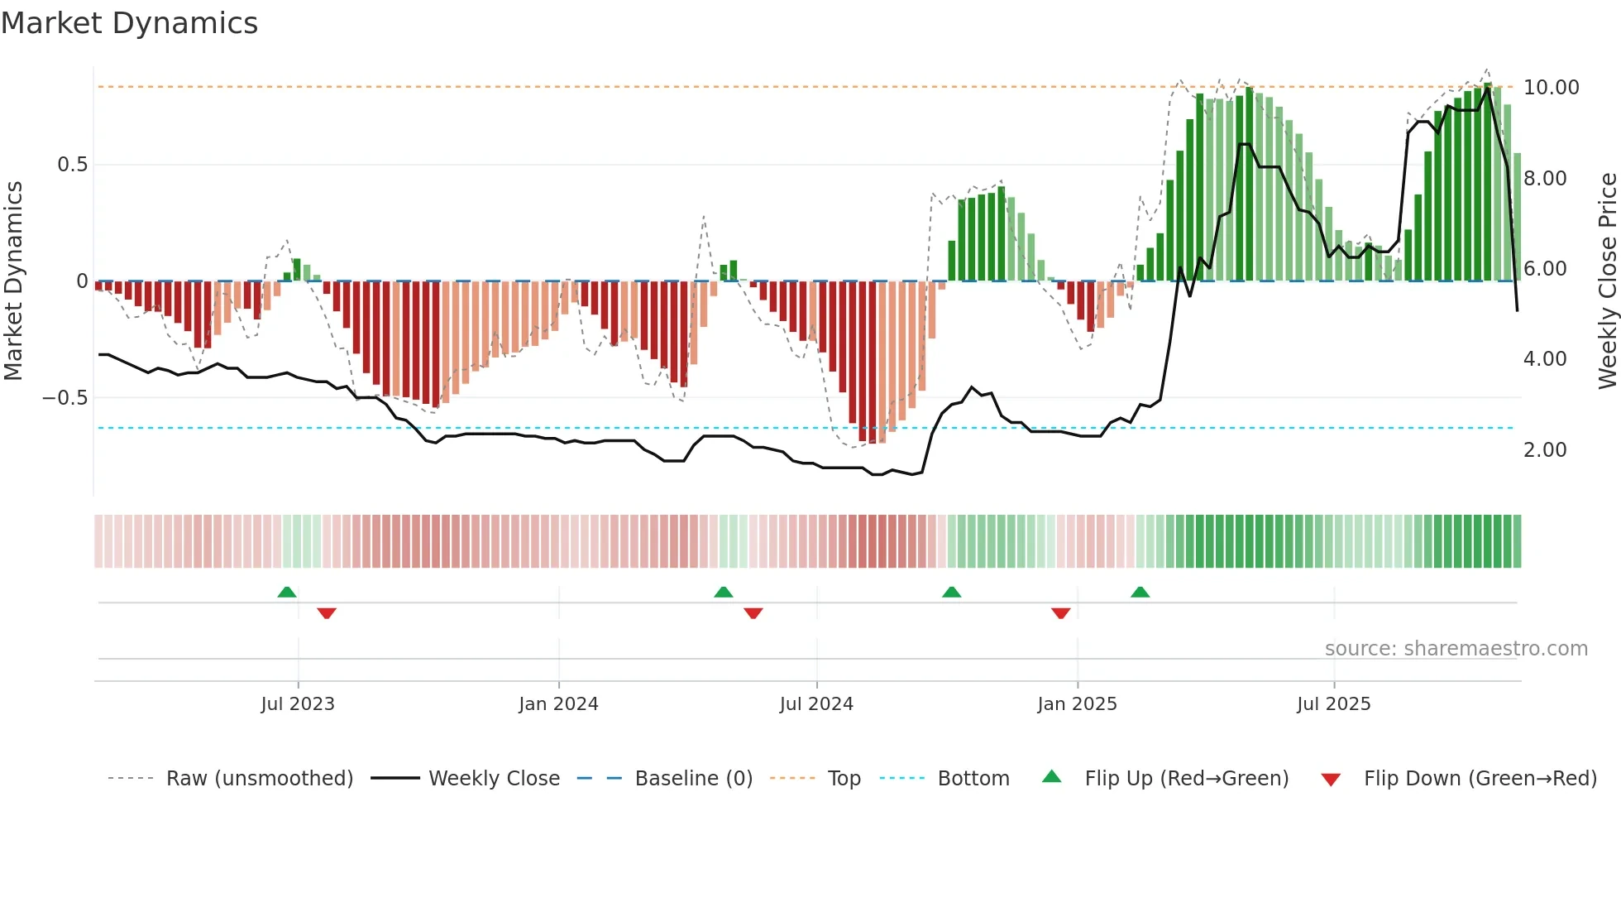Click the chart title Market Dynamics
click(x=129, y=23)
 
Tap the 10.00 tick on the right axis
click(x=1551, y=88)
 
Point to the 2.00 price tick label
click(x=1544, y=450)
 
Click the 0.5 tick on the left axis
click(x=72, y=165)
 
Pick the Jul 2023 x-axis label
click(x=298, y=704)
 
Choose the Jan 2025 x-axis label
click(x=1077, y=704)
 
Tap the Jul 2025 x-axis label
click(x=1333, y=704)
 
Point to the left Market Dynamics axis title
click(x=13, y=281)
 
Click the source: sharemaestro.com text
click(x=1456, y=649)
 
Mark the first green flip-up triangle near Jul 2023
click(x=287, y=593)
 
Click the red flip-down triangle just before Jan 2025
click(x=1060, y=613)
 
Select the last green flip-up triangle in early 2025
click(x=1140, y=593)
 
